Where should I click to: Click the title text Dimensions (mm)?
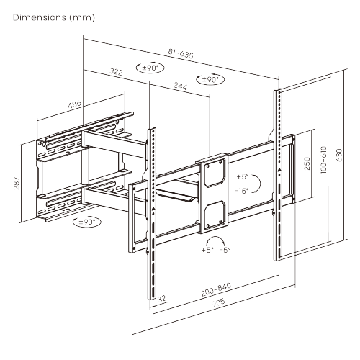click(x=53, y=16)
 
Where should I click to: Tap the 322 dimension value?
click(x=114, y=71)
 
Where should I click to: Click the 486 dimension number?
click(x=73, y=104)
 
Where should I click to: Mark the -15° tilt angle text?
click(x=241, y=189)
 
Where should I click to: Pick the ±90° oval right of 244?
click(x=210, y=79)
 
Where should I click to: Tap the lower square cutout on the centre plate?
click(x=215, y=212)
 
